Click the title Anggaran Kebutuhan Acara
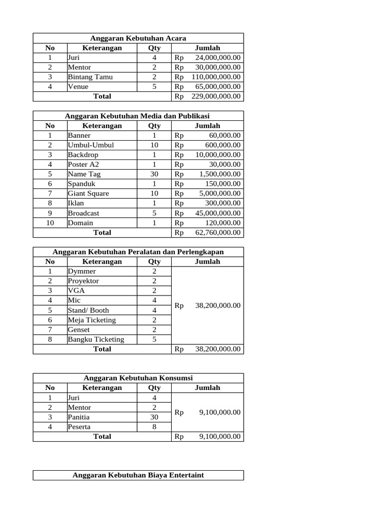tap(138, 38)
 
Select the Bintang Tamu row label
tap(90, 77)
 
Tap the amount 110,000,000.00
tap(216, 77)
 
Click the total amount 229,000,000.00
tap(216, 96)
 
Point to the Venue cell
tap(78, 87)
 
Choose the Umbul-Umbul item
tap(91, 145)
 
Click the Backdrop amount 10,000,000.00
tap(218, 155)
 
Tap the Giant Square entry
tap(88, 193)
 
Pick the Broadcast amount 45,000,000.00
tap(218, 213)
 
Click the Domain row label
tap(80, 223)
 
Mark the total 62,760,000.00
tap(218, 233)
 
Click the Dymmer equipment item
tap(82, 272)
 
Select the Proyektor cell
tap(83, 281)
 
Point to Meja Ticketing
tap(92, 320)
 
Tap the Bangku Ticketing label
tap(96, 340)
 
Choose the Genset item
tap(79, 330)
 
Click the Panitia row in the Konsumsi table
tap(79, 417)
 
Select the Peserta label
tap(79, 427)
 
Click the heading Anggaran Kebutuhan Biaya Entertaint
tap(138, 475)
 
